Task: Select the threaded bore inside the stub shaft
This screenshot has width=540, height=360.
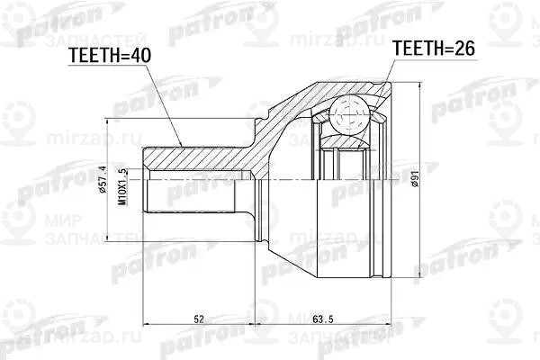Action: coord(198,191)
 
